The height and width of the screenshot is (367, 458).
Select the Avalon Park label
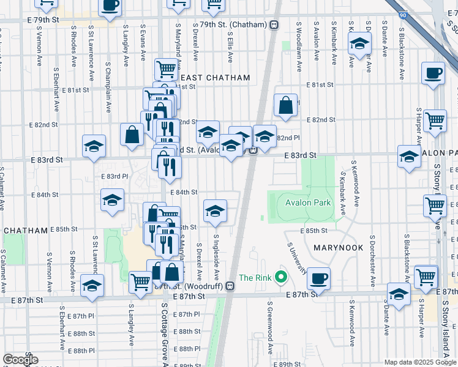(x=307, y=202)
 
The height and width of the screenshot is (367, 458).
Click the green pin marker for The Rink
(x=281, y=278)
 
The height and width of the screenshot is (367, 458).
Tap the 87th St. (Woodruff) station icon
(x=229, y=286)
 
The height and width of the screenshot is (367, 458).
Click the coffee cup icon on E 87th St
(x=318, y=279)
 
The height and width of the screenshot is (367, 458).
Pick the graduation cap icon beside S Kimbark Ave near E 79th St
(x=359, y=44)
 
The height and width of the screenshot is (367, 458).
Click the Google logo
(x=20, y=360)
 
